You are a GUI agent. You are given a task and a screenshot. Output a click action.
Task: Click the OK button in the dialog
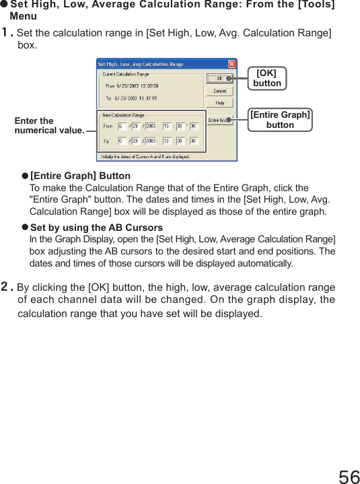pos(219,78)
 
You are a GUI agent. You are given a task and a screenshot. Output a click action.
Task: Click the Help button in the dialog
pos(219,103)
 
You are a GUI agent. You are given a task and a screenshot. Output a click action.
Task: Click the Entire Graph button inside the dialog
pos(217,120)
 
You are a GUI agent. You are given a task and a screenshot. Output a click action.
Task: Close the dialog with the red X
pos(232,64)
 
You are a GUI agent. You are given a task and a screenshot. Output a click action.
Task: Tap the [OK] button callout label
pos(267,78)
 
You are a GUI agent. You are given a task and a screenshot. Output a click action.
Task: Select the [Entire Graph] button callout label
pos(280,120)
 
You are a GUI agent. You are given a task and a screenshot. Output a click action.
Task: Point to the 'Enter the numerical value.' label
pos(49,126)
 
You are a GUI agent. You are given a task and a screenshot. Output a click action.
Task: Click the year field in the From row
pos(150,126)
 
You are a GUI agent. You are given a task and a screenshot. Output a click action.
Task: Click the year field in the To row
pos(150,141)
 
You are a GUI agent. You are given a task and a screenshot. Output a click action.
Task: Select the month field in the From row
pos(122,126)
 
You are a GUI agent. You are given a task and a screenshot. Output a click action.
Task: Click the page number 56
pos(349,477)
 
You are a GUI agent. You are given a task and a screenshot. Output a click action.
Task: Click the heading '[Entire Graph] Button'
pos(81,176)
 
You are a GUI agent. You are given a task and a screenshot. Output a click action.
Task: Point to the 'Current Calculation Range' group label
pos(126,74)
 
